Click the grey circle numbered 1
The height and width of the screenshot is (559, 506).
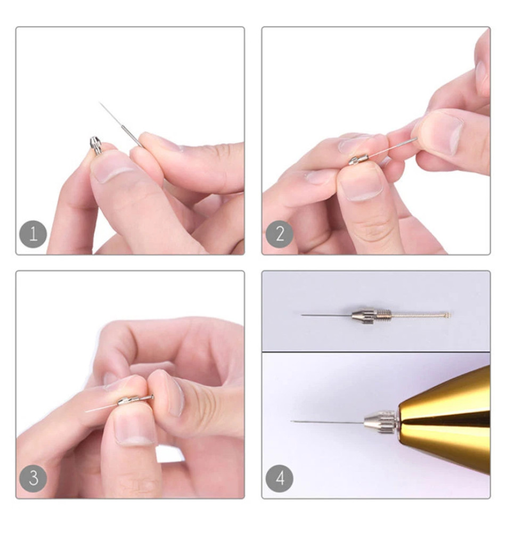tap(33, 234)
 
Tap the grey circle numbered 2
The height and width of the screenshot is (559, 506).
tap(280, 234)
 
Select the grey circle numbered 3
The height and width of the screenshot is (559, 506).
tap(33, 478)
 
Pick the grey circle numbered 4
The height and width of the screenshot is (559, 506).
tap(280, 478)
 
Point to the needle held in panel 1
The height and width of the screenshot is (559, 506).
tap(120, 125)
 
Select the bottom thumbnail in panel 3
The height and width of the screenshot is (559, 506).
tap(135, 430)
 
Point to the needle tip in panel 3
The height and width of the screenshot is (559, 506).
tap(86, 412)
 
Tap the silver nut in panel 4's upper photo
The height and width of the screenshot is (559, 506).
tap(364, 315)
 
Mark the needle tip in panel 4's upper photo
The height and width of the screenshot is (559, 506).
tap(301, 315)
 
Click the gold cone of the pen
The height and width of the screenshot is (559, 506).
tap(446, 421)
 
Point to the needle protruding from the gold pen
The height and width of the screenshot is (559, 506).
tap(328, 422)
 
